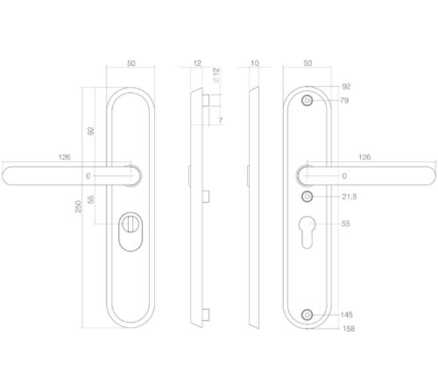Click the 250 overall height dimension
[x=78, y=207]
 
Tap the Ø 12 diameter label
[x=216, y=75]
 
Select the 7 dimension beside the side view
[x=220, y=120]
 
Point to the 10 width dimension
[x=255, y=63]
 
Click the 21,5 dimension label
[x=350, y=197]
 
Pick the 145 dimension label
[x=346, y=314]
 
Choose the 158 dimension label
[x=348, y=328]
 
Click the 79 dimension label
[x=344, y=100]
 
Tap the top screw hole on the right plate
[x=307, y=100]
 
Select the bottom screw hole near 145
[x=307, y=315]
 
